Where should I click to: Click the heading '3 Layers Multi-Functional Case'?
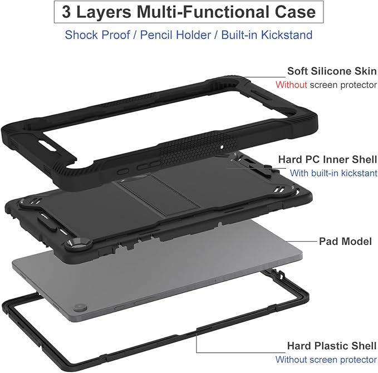coord(189,12)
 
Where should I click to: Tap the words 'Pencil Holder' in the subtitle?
coord(175,35)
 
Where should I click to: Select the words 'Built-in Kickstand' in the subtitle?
coord(267,35)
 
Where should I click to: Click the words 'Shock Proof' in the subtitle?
coord(97,35)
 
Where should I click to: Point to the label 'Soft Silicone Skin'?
coord(332,71)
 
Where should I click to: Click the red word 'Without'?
coord(291,85)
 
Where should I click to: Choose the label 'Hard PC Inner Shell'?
coord(327,159)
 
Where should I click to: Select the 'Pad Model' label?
coord(345,242)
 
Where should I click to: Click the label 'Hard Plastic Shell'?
coord(332,346)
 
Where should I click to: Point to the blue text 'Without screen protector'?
coord(326,360)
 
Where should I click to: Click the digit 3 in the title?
coord(67,12)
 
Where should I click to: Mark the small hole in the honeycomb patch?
coord(222,146)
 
